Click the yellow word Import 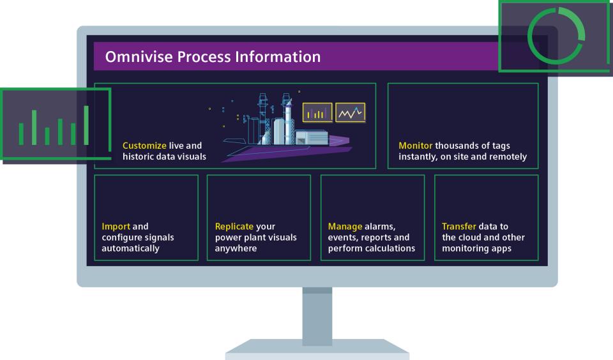116,226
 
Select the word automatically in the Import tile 132,248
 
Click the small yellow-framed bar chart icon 317,113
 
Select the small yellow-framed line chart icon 351,113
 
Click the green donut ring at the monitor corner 556,36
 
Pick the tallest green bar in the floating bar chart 86,125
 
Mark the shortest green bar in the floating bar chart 47,136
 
